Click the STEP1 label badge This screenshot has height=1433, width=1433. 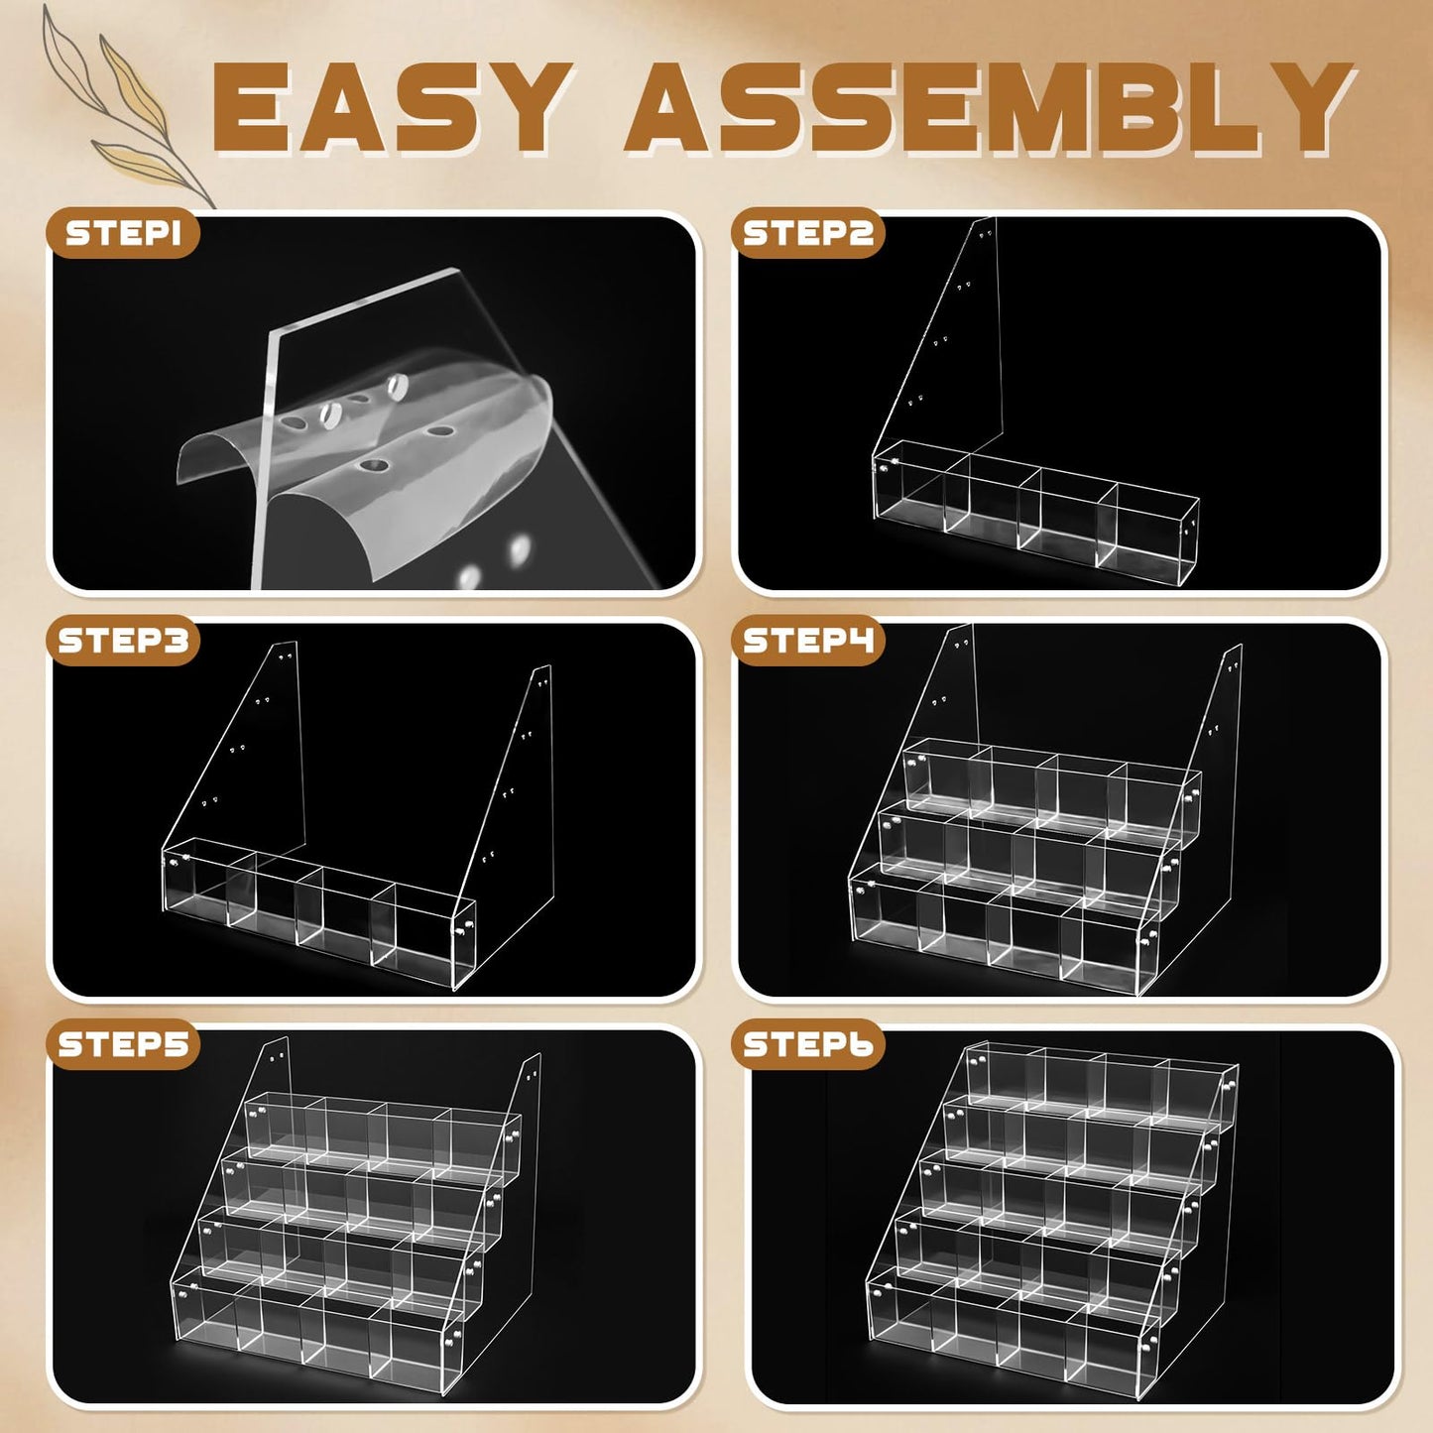point(123,233)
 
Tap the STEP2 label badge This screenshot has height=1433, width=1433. point(807,233)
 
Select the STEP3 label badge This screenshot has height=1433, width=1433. point(123,641)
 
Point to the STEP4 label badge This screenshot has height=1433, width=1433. point(807,641)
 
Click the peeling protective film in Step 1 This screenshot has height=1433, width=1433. point(372,461)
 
